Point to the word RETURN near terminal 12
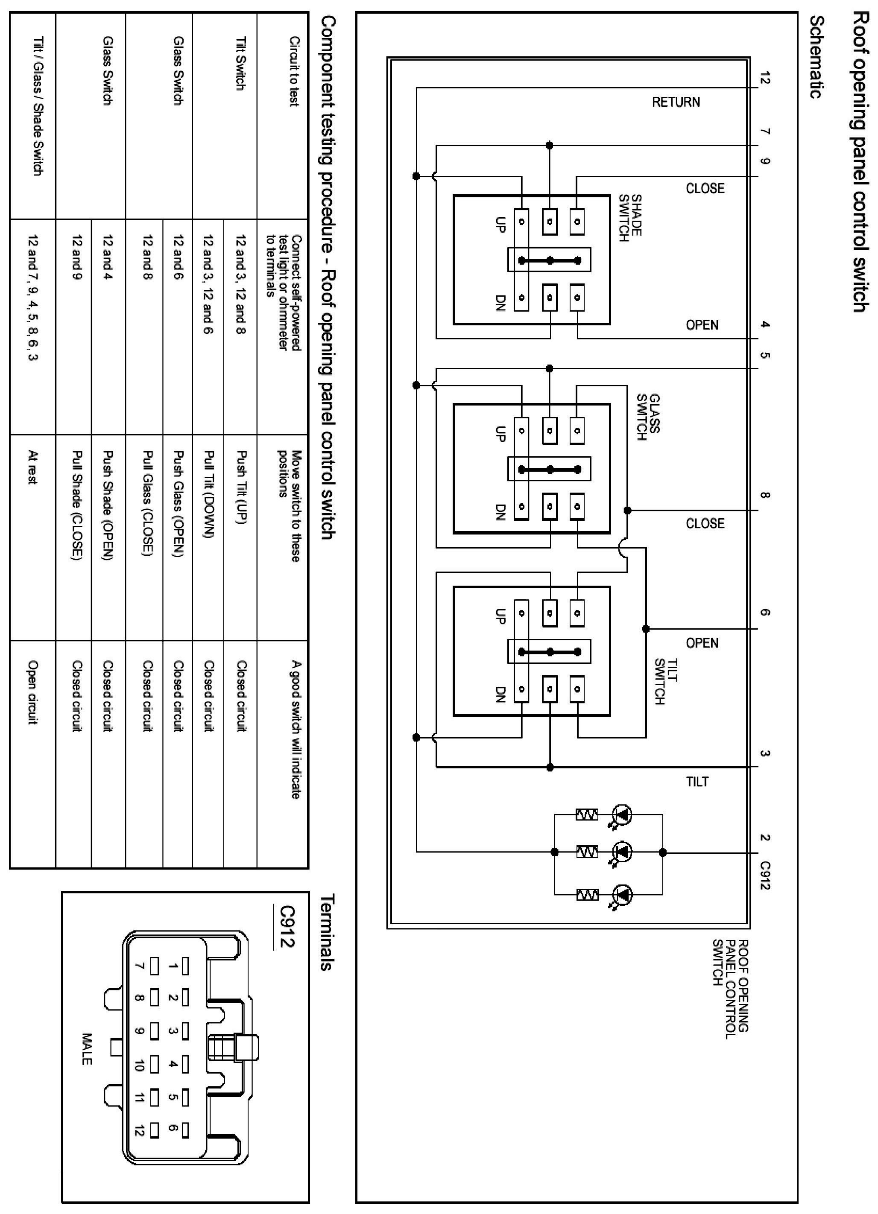pos(676,102)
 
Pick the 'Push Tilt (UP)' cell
pos(241,487)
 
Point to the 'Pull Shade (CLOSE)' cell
pos(76,505)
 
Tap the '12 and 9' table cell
pos(76,257)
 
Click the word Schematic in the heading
pos(815,56)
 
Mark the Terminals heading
pos(327,932)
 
